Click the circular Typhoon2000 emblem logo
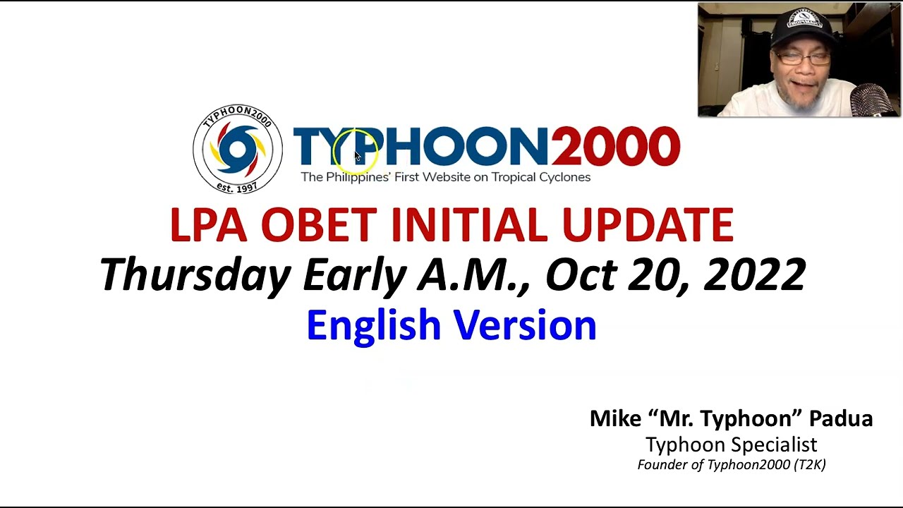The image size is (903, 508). click(238, 149)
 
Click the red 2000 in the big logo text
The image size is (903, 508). click(615, 147)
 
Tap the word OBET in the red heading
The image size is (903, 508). click(317, 225)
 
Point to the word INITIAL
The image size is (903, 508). click(468, 225)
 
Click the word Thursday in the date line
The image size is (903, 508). click(195, 275)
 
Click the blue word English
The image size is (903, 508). click(373, 326)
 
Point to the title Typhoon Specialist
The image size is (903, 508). click(731, 445)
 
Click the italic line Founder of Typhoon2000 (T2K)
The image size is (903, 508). click(731, 464)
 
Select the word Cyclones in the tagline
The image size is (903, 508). click(564, 177)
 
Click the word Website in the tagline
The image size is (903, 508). click(446, 177)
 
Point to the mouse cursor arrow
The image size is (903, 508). click(357, 156)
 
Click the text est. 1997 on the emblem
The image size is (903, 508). click(237, 188)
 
